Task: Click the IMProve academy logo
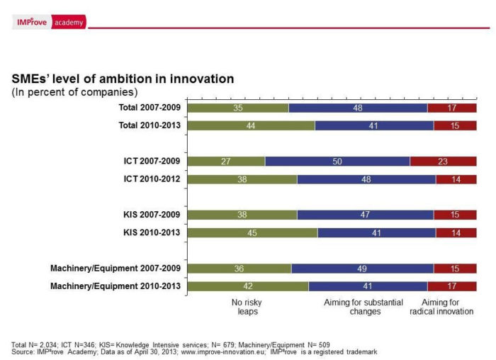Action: (50, 23)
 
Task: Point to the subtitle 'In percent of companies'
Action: (74, 92)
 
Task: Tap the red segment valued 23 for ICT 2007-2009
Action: (443, 162)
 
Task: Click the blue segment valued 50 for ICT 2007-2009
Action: (337, 162)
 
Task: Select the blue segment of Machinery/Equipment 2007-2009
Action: (362, 269)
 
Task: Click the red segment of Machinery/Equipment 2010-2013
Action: (452, 286)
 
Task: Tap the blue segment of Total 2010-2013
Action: (374, 125)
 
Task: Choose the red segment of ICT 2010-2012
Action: (456, 179)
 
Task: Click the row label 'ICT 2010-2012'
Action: (152, 179)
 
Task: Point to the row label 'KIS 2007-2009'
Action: (152, 215)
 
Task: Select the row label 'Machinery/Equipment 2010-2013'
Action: (115, 286)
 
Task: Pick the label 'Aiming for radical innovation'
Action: (441, 307)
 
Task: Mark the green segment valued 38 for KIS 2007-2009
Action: (243, 215)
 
